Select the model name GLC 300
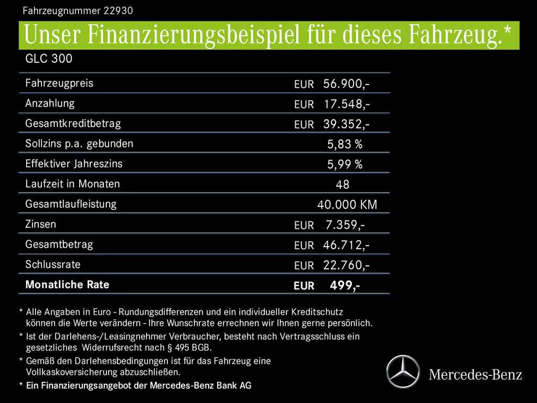point(49,59)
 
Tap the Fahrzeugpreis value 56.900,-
point(347,83)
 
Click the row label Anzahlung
point(50,103)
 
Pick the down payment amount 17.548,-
point(347,104)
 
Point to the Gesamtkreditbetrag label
point(73,123)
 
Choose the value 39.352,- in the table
point(347,124)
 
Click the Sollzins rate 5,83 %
point(345,144)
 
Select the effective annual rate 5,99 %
point(345,164)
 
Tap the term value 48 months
point(342,185)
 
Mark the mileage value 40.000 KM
point(347,205)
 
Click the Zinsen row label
point(40,224)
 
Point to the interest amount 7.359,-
point(345,225)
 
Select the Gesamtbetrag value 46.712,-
point(347,245)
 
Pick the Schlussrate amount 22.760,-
point(347,265)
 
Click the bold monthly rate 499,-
point(345,285)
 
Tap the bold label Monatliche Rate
point(67,284)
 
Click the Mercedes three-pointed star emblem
point(403,372)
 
